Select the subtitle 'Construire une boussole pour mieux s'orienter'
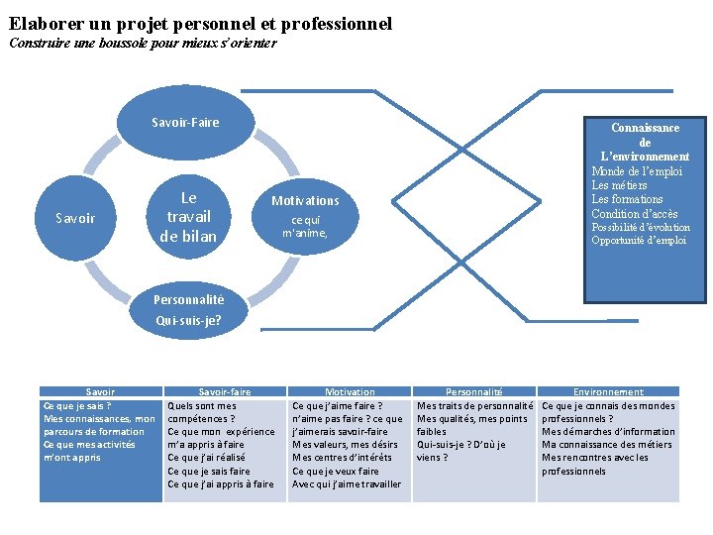[143, 44]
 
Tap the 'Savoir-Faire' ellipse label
[185, 123]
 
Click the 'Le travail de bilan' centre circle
[188, 216]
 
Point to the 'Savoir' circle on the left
[76, 218]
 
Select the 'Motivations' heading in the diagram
[305, 200]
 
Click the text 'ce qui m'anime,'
[305, 226]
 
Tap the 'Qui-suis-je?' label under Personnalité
[188, 321]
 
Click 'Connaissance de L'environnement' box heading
[645, 142]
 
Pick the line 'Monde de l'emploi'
[637, 171]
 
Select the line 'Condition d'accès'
[634, 214]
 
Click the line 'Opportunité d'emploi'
[639, 241]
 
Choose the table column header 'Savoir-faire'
[225, 392]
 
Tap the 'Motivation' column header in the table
[350, 392]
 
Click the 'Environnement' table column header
[608, 392]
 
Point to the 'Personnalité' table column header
[474, 392]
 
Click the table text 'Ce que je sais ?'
[77, 406]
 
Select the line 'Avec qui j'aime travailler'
[347, 484]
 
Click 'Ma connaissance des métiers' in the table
[607, 445]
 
